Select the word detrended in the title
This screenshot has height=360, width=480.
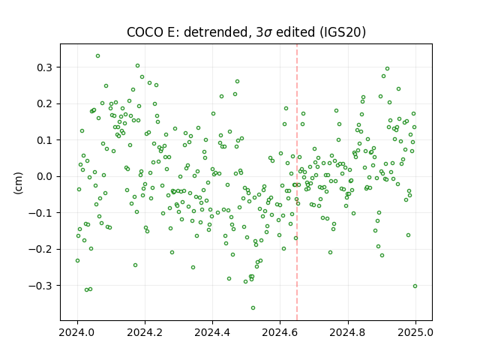(215, 32)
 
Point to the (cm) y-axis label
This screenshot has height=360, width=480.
(18, 183)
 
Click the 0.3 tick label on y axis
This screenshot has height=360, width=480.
(45, 67)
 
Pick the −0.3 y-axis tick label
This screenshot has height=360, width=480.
(40, 286)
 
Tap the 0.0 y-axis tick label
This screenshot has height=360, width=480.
(45, 177)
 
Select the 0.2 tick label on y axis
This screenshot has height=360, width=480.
(45, 103)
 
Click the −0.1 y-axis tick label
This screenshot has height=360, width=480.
(40, 213)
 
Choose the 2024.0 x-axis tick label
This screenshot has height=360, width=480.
(77, 332)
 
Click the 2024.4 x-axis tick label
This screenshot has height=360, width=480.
(212, 332)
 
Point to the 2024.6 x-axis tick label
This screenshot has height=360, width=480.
(280, 332)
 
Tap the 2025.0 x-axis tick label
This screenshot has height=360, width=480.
(415, 332)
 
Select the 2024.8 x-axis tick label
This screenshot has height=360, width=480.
(348, 332)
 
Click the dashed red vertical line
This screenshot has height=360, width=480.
(297, 182)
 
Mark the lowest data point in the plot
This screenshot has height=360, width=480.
(253, 308)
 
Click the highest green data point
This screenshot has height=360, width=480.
(98, 56)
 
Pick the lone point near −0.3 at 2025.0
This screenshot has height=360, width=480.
(415, 286)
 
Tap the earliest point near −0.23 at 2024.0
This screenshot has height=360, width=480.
(78, 261)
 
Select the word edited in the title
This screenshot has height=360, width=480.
(295, 32)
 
